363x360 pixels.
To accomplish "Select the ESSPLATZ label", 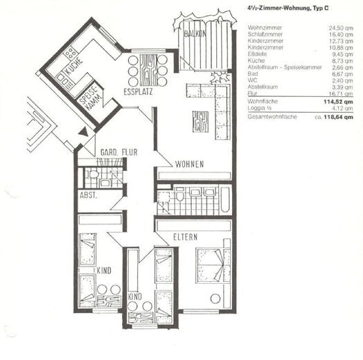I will tap(138, 91).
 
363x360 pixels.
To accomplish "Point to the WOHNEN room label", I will tap(189, 164).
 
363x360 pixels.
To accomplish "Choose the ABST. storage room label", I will tap(89, 195).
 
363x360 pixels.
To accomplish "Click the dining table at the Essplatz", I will tap(148, 69).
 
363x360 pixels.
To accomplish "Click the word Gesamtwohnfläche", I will tap(272, 118).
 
